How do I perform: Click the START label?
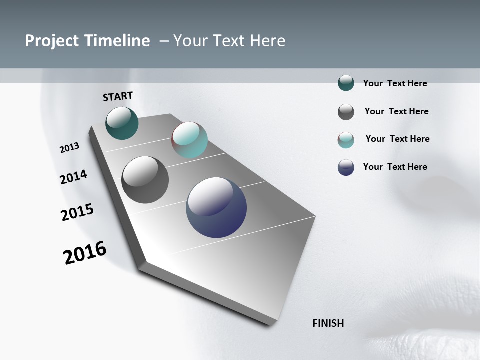coord(118,96)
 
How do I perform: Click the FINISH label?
coord(328,323)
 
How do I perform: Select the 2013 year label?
coord(70,148)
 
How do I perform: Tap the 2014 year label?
coord(74,177)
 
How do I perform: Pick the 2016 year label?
coord(85,253)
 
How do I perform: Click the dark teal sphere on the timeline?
coord(122,123)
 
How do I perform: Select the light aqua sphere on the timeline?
coord(190,140)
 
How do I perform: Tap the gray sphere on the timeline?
coord(145,180)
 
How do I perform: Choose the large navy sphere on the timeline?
coord(216,207)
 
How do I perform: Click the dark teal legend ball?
coord(346,83)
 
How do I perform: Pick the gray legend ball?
coord(346,112)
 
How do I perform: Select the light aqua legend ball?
coord(346,140)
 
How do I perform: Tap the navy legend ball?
coord(346,167)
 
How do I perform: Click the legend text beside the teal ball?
coord(395,84)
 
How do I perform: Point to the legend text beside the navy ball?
coord(395,167)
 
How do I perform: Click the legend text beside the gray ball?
coord(396,111)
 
